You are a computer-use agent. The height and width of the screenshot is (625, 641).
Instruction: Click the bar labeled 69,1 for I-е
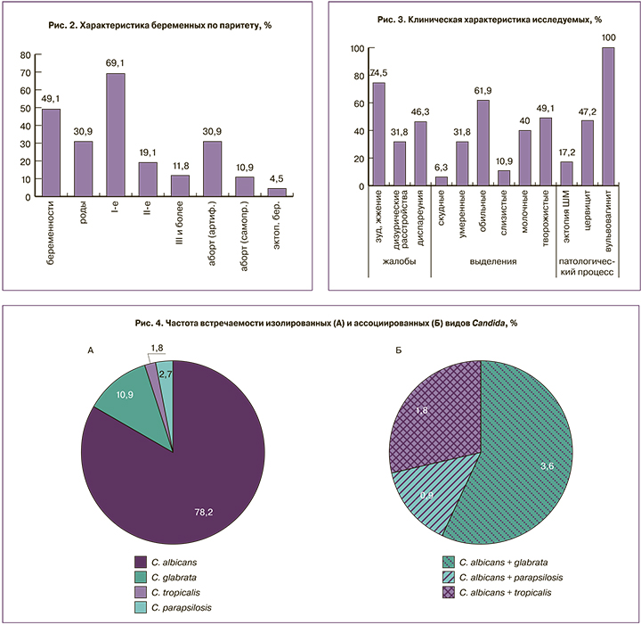tap(116, 133)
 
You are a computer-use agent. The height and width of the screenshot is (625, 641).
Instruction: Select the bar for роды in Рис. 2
tap(83, 167)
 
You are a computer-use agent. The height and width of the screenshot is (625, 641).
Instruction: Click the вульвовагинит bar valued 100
tap(608, 116)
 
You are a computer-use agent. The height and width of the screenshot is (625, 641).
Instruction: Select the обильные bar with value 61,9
tap(483, 143)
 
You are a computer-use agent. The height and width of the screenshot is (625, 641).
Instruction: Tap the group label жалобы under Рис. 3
tap(399, 260)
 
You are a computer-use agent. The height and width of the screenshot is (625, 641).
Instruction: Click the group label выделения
tap(494, 260)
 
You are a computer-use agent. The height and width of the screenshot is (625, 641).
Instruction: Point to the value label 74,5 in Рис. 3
tap(379, 72)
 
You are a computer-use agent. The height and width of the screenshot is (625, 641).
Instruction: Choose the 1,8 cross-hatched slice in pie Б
tap(436, 410)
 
